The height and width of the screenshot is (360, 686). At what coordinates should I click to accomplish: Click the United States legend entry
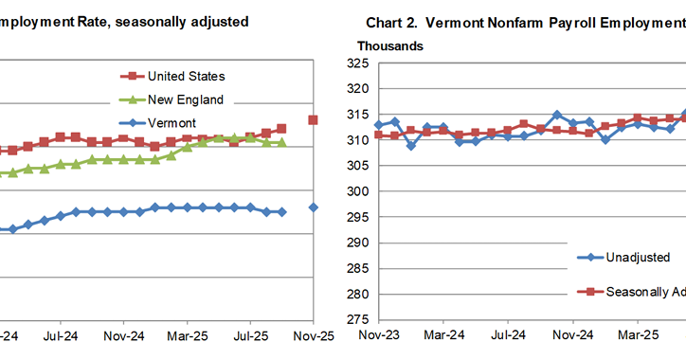186,76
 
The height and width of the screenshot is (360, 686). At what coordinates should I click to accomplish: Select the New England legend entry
186,99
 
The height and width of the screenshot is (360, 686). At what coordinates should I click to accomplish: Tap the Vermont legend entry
171,123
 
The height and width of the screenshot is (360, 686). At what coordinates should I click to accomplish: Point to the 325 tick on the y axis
358,63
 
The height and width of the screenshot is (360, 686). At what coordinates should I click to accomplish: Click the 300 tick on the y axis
358,191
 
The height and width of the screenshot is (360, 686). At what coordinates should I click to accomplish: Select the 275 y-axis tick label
358,319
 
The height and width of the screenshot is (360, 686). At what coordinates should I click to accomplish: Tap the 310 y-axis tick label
358,140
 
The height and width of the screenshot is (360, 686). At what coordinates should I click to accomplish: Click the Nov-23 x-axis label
378,335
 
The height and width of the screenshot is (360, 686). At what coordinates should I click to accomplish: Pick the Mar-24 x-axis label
443,335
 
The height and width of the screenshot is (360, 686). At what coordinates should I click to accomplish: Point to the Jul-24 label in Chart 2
509,335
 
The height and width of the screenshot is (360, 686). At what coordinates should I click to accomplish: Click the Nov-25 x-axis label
314,335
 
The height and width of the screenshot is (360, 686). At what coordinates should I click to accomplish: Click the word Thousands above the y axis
389,45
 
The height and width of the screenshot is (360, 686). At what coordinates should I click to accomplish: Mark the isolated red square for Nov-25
314,120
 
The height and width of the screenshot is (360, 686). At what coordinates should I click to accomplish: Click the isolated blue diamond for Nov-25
314,207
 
